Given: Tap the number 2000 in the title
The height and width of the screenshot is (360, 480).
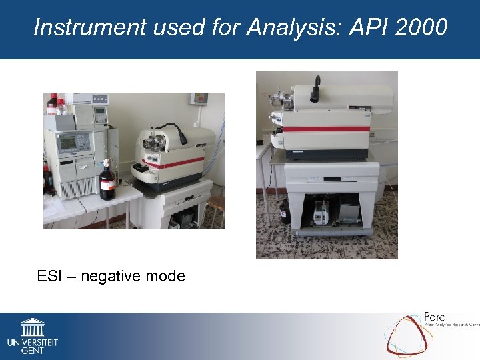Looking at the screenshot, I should tap(419, 27).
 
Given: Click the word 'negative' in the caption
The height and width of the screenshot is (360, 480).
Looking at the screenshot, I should tap(114, 275).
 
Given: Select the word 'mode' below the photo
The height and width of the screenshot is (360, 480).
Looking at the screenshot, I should tap(167, 275).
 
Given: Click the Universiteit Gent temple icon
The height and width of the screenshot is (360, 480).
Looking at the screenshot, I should tap(32, 327).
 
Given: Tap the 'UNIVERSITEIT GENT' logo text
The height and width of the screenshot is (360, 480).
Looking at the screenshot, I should tap(32, 345).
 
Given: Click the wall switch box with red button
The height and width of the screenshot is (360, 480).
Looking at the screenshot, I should tap(199, 99).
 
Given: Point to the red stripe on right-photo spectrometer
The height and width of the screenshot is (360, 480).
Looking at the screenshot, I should tap(327, 129).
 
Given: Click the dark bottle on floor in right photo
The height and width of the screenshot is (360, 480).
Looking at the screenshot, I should tap(283, 211).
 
